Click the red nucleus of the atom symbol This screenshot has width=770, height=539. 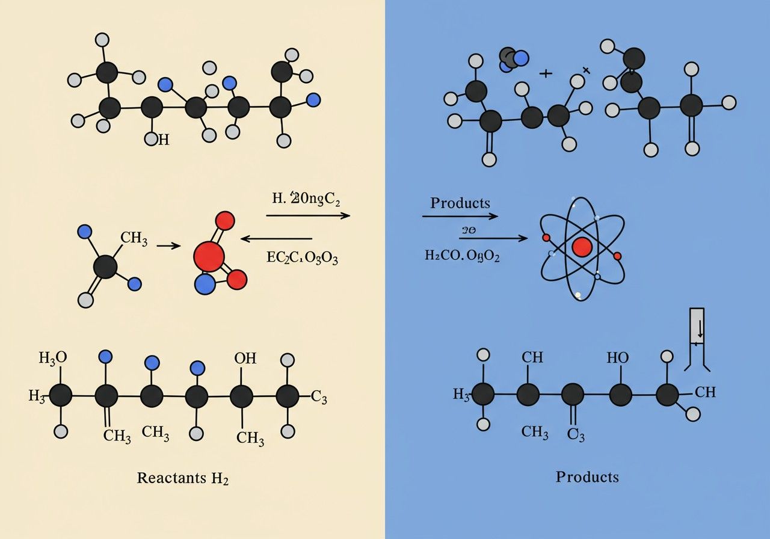582,247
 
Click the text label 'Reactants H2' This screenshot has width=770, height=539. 183,478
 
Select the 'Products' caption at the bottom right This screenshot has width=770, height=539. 587,477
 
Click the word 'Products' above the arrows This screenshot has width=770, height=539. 460,203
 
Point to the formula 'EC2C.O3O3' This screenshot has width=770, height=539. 302,258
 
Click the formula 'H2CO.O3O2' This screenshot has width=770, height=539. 462,255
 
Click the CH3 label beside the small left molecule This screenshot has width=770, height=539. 134,238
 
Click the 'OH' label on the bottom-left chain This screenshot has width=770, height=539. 245,359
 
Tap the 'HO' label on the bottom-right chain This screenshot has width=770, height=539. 617,357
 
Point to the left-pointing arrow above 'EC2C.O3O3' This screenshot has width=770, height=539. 276,239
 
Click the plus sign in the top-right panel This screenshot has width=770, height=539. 546,73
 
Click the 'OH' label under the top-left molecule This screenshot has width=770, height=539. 158,140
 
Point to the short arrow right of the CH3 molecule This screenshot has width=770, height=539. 168,246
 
